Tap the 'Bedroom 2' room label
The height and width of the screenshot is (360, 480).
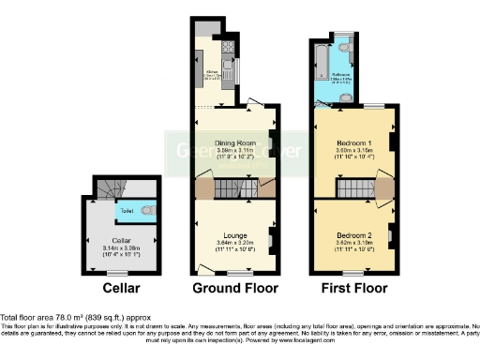click(353, 236)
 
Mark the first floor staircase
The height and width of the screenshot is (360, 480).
click(353, 189)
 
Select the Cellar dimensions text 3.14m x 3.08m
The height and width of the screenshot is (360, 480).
click(116, 247)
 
